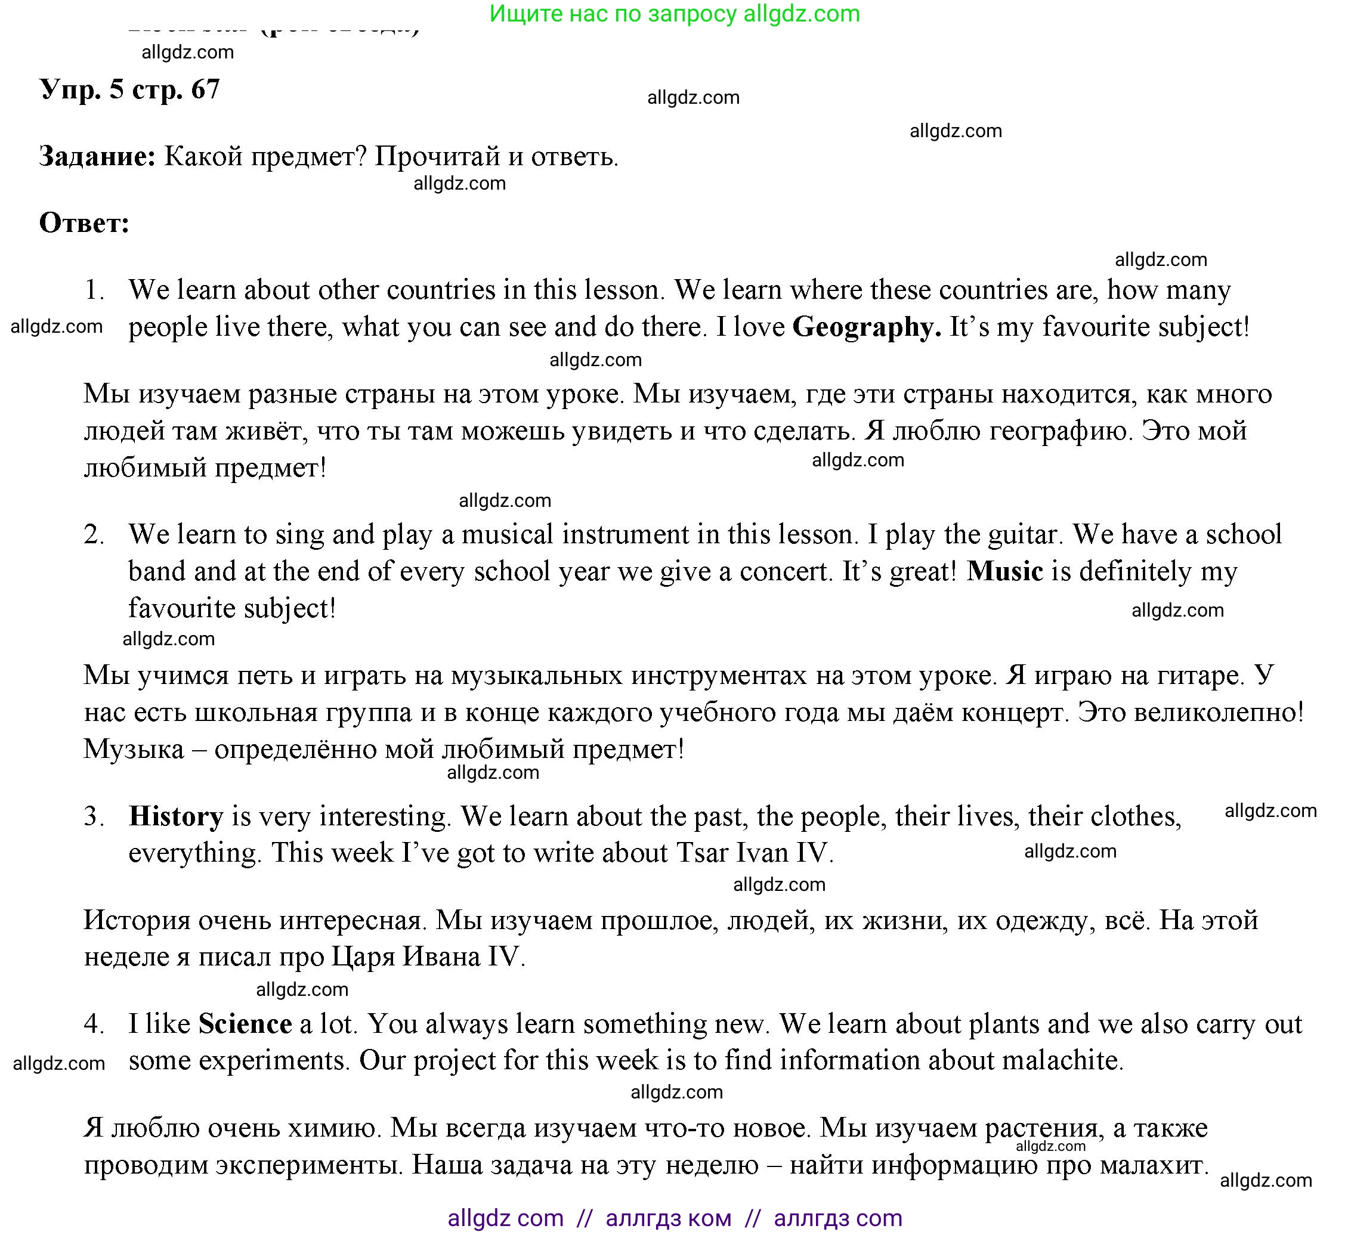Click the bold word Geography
pyautogui.click(x=866, y=327)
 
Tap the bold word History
pyautogui.click(x=175, y=816)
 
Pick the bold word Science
pyautogui.click(x=245, y=1024)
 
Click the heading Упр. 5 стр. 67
pyautogui.click(x=130, y=89)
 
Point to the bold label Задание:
pyautogui.click(x=97, y=156)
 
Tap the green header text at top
pyautogui.click(x=674, y=13)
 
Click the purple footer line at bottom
pyautogui.click(x=674, y=1218)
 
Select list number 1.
pyautogui.click(x=94, y=290)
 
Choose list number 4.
pyautogui.click(x=94, y=1024)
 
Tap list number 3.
pyautogui.click(x=94, y=816)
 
